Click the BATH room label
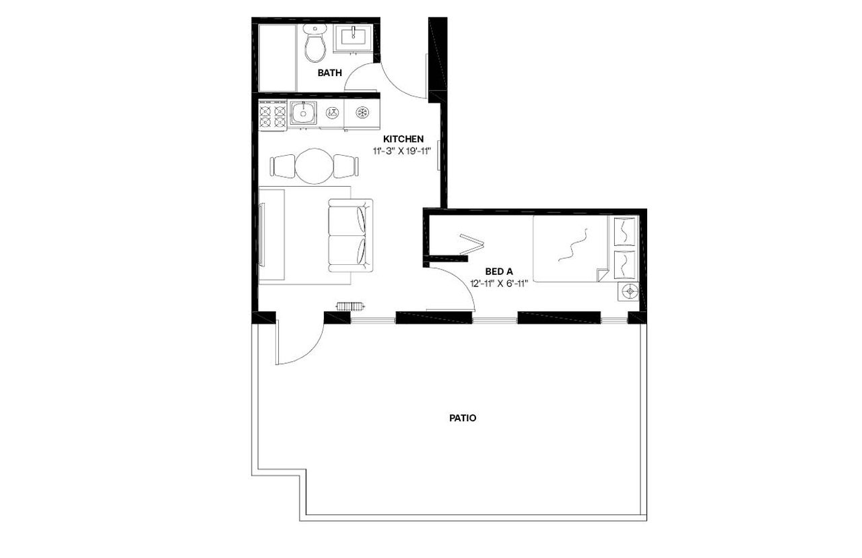point(330,73)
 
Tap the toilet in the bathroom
point(314,44)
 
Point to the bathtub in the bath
point(275,57)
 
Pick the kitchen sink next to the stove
point(304,112)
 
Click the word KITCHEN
point(403,139)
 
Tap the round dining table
point(314,166)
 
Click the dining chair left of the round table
point(283,165)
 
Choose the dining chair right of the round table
point(345,165)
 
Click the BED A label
point(499,272)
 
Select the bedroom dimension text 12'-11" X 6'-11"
point(499,284)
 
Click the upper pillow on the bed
point(626,231)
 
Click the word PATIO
point(463,418)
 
